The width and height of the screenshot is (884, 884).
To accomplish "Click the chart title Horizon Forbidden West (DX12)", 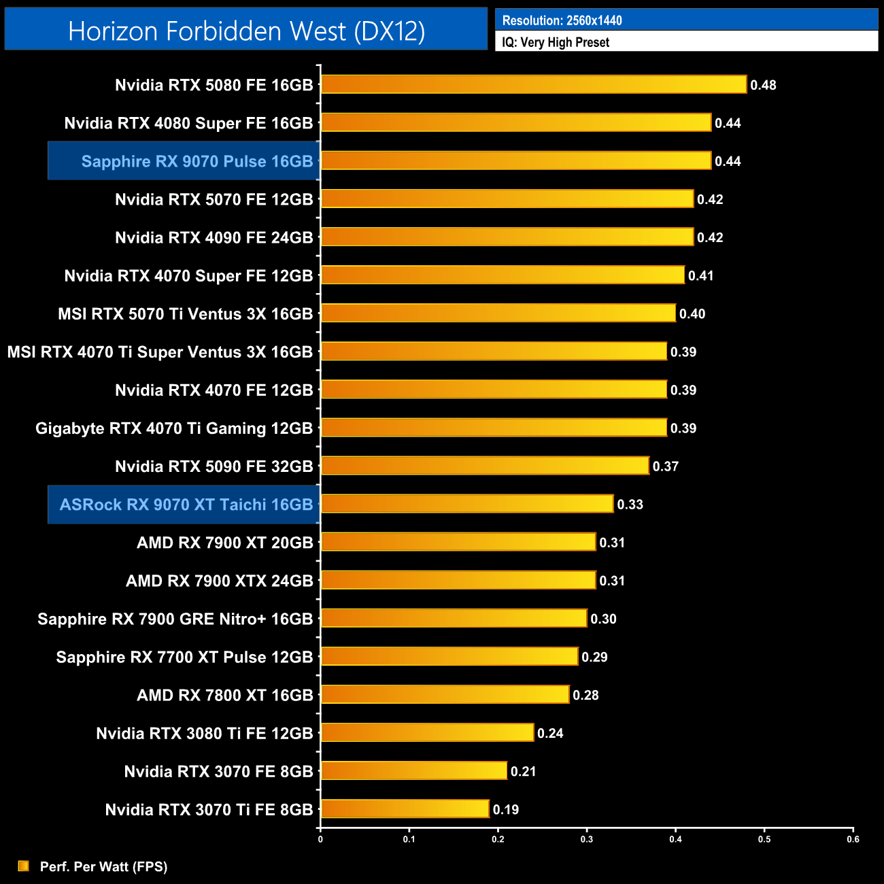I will point(246,31).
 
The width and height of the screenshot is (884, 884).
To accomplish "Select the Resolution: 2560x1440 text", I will point(562,20).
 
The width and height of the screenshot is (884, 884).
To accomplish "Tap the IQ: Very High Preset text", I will point(556,42).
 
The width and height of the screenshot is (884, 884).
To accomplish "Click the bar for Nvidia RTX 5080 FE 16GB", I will point(534,84).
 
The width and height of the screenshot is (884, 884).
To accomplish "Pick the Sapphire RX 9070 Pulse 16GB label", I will point(197,161).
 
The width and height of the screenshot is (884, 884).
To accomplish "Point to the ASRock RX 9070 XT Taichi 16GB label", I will point(186,505).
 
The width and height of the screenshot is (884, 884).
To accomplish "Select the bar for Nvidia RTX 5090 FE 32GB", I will point(485,466).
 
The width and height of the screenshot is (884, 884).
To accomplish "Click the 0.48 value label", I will point(763,85).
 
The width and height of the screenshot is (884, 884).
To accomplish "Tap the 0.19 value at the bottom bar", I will point(505,809).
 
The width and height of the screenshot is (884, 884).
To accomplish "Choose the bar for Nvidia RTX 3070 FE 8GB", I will point(414,770).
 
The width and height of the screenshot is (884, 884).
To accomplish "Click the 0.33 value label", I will point(630,505).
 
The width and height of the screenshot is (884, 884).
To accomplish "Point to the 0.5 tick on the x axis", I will point(764,839).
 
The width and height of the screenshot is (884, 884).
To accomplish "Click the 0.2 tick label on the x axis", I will point(498,839).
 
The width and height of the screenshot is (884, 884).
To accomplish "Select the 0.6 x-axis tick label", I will point(853,839).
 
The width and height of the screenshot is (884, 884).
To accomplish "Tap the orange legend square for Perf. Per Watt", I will point(24,866).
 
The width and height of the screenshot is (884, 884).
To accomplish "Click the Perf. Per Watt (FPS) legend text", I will point(103,866).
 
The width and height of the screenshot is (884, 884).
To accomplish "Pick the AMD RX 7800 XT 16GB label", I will point(224,695).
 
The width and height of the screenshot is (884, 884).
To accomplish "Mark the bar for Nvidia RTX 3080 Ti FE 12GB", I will point(427,732).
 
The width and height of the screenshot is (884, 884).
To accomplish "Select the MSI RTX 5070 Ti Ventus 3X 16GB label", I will point(185,314).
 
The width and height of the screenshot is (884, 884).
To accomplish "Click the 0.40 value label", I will point(692,313).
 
